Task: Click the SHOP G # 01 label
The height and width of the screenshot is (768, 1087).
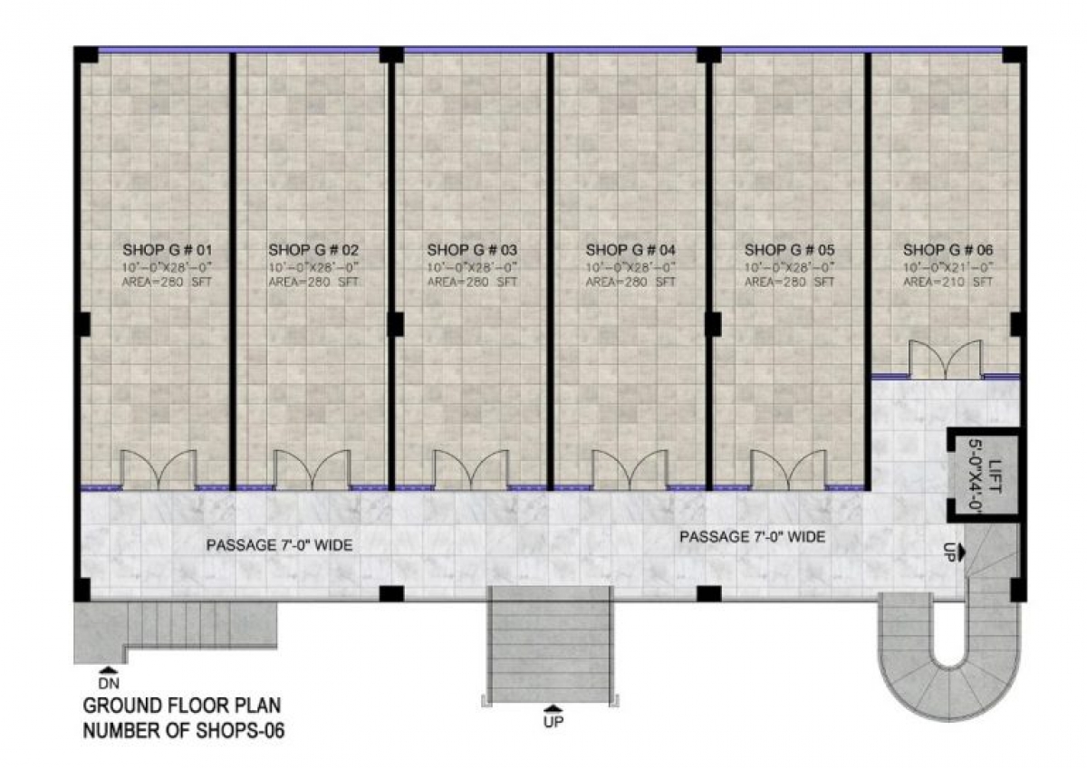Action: click(x=168, y=250)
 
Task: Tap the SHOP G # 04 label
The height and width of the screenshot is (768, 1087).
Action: click(x=630, y=250)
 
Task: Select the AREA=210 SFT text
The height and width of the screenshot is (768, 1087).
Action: click(x=948, y=282)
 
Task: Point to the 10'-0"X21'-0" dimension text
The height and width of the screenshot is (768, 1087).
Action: click(x=948, y=267)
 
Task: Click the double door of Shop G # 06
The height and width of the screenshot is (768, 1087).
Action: click(x=946, y=360)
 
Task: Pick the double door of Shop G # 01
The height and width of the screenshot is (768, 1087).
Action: click(x=159, y=470)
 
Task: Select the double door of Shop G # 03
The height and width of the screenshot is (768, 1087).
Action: click(x=472, y=470)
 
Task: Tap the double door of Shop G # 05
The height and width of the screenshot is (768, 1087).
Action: click(x=788, y=470)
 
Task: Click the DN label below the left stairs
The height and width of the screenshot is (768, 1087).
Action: click(x=109, y=684)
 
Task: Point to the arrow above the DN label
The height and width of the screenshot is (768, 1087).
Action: click(x=109, y=670)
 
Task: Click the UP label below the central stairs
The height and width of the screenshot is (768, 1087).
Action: click(x=553, y=722)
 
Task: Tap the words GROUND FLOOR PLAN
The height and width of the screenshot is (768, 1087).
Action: click(x=182, y=706)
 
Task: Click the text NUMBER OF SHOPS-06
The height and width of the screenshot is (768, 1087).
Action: click(x=184, y=730)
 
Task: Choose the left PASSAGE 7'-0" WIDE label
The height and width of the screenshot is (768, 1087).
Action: click(x=280, y=545)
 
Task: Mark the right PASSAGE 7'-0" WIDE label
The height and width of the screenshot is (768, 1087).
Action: click(x=752, y=536)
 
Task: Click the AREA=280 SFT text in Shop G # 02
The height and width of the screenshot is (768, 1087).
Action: click(x=313, y=282)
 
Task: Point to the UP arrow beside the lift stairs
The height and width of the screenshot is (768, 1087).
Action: click(x=960, y=552)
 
